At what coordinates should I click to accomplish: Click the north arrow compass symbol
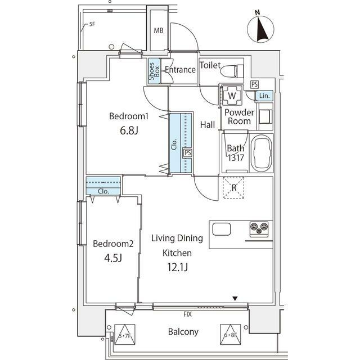[x=260, y=28]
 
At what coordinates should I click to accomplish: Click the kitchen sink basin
[x=220, y=229]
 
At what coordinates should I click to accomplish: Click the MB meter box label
[x=159, y=30]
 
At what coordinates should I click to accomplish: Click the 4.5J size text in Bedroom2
[x=112, y=259]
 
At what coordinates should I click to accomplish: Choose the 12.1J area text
[x=177, y=268]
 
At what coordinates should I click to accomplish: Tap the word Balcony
[x=183, y=332]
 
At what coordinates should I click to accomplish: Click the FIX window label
[x=187, y=314]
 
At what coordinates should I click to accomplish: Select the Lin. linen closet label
[x=264, y=96]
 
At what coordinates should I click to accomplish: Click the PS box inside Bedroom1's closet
[x=187, y=152]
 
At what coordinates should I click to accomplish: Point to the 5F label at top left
[x=92, y=25]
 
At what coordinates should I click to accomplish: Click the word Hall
[x=208, y=125]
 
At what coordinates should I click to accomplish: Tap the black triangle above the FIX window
[x=236, y=299]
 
